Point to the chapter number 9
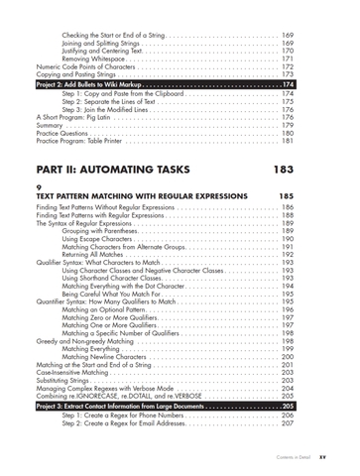click(39, 187)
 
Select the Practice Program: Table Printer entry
click(88, 141)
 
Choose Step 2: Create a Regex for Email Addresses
click(131, 423)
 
